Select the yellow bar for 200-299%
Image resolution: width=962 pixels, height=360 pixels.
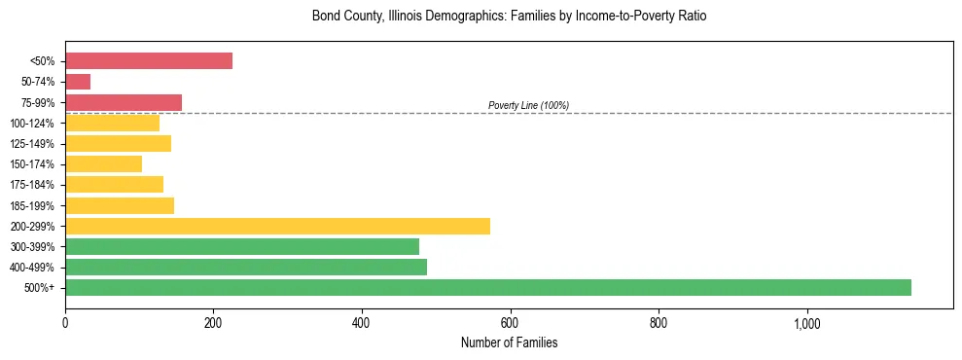277,226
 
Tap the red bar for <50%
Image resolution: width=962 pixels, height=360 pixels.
149,60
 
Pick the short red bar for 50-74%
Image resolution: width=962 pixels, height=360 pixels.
78,82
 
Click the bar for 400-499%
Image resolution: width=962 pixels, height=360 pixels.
246,267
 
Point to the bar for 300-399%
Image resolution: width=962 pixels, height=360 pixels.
242,246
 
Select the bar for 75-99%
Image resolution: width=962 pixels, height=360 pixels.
124,102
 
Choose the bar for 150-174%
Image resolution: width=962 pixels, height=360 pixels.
103,163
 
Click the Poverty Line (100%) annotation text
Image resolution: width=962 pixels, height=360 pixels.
528,105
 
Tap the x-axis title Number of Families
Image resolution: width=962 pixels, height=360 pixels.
510,342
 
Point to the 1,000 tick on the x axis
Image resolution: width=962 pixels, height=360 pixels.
807,323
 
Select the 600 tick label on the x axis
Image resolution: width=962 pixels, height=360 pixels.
511,323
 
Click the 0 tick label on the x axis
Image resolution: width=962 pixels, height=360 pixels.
65,323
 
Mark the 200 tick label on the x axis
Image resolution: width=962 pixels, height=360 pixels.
214,323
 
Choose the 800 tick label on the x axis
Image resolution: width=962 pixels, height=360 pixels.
659,323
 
